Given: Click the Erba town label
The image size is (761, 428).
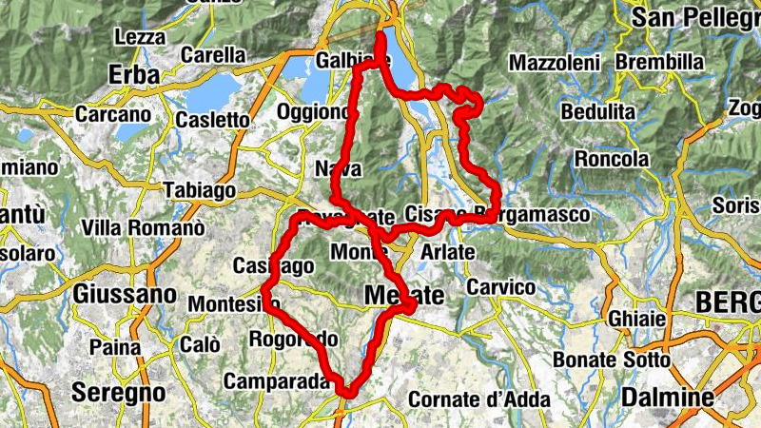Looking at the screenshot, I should pyautogui.click(x=133, y=74).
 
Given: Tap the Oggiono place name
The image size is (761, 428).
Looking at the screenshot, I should pyautogui.click(x=314, y=112).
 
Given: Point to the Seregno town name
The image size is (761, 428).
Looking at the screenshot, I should pyautogui.click(x=119, y=392).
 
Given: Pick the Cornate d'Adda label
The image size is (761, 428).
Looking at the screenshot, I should pyautogui.click(x=478, y=400).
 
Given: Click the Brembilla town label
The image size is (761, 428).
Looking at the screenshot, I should pyautogui.click(x=659, y=63).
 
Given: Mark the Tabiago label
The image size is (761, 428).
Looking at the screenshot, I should pyautogui.click(x=200, y=190).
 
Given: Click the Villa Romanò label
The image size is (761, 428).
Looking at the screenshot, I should pyautogui.click(x=144, y=228).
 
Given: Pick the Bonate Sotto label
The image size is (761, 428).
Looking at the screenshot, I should pyautogui.click(x=612, y=360).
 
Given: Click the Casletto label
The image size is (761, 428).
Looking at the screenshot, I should pyautogui.click(x=213, y=121).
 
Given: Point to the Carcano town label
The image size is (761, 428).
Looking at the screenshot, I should pyautogui.click(x=113, y=114).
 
